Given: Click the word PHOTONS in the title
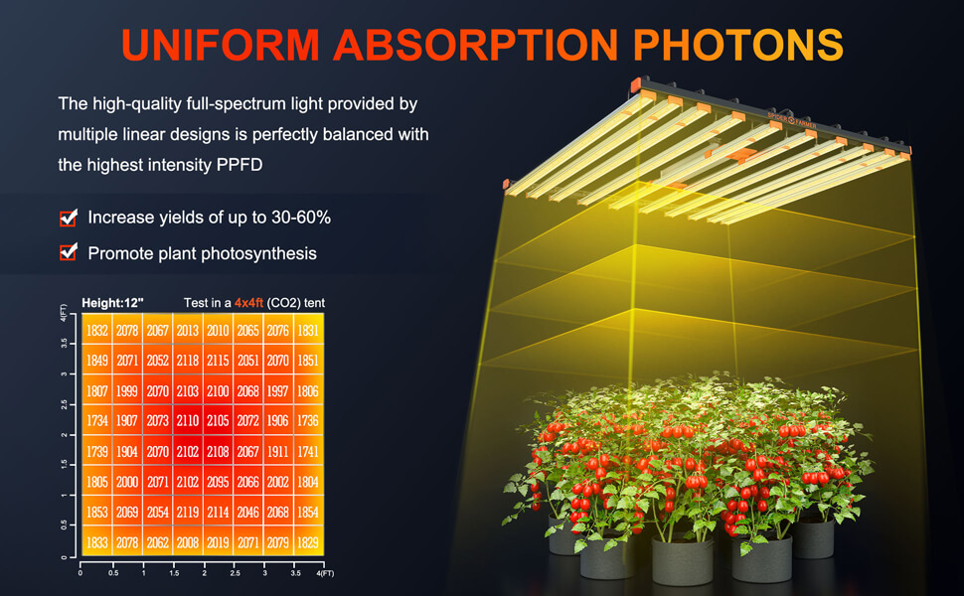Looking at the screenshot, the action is click(x=737, y=45).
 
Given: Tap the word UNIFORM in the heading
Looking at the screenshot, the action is click(x=221, y=45).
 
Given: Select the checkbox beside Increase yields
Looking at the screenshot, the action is click(x=69, y=218).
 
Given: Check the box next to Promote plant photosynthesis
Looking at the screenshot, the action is click(x=69, y=252).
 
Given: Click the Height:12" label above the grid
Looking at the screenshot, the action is click(x=112, y=303).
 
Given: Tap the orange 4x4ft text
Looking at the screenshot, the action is click(x=248, y=303).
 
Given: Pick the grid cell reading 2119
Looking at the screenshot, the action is click(x=188, y=512).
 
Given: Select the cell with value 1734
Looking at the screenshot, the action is click(x=97, y=421).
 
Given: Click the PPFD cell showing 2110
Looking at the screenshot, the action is click(x=188, y=421).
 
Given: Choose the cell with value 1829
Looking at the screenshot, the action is click(x=308, y=542).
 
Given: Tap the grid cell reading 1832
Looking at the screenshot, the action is click(x=97, y=331).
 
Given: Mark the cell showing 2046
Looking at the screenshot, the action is click(x=247, y=512).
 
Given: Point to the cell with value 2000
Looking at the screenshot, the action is click(x=127, y=482).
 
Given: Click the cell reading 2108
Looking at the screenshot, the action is click(x=218, y=452).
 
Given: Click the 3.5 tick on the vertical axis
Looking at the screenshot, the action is click(x=65, y=344).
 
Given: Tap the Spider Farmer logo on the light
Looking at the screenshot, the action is click(x=792, y=120).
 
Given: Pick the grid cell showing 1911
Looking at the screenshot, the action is click(x=278, y=452).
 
